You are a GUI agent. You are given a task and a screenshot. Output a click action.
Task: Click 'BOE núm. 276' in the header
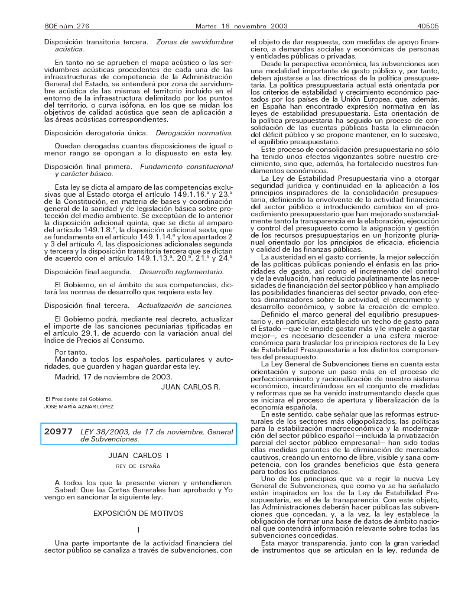point(66,27)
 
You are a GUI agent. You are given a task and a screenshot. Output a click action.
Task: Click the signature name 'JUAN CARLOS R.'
point(190,387)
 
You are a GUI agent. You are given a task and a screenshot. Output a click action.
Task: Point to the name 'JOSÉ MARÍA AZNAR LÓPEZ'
point(79,407)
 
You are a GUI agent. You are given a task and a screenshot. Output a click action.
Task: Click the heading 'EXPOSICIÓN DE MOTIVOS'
point(138,514)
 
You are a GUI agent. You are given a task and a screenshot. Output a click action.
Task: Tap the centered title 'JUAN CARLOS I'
point(138,456)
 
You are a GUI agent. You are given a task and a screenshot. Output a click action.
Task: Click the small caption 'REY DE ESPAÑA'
point(138,466)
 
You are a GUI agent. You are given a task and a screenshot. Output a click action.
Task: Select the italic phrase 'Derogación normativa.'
point(194,133)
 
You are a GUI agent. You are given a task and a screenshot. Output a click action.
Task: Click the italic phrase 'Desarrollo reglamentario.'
point(181,272)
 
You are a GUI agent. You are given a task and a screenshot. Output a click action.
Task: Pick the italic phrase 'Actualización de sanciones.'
point(185,306)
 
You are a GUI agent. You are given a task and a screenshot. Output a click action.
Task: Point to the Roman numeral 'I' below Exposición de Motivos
point(138,530)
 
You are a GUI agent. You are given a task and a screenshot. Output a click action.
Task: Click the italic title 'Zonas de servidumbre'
point(194,43)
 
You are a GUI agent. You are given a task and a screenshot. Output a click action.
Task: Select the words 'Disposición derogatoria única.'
point(95,133)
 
